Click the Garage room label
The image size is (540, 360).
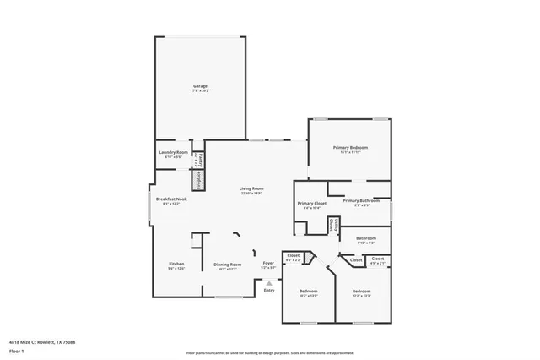(200, 87)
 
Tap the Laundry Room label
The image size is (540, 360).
(174, 154)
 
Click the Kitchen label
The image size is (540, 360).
(176, 265)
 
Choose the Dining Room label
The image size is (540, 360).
(228, 265)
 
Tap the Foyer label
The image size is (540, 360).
(268, 265)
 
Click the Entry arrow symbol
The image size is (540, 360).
(269, 282)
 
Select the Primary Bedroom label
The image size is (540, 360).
(350, 149)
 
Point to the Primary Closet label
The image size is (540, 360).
(311, 205)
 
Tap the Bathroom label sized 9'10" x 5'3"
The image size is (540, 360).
(366, 239)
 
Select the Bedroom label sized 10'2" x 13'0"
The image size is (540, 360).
(308, 292)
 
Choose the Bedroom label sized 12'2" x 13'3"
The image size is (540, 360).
(361, 292)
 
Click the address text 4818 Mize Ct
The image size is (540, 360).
(41, 341)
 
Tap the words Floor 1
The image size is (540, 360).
(16, 350)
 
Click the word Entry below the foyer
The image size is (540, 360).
(269, 291)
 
